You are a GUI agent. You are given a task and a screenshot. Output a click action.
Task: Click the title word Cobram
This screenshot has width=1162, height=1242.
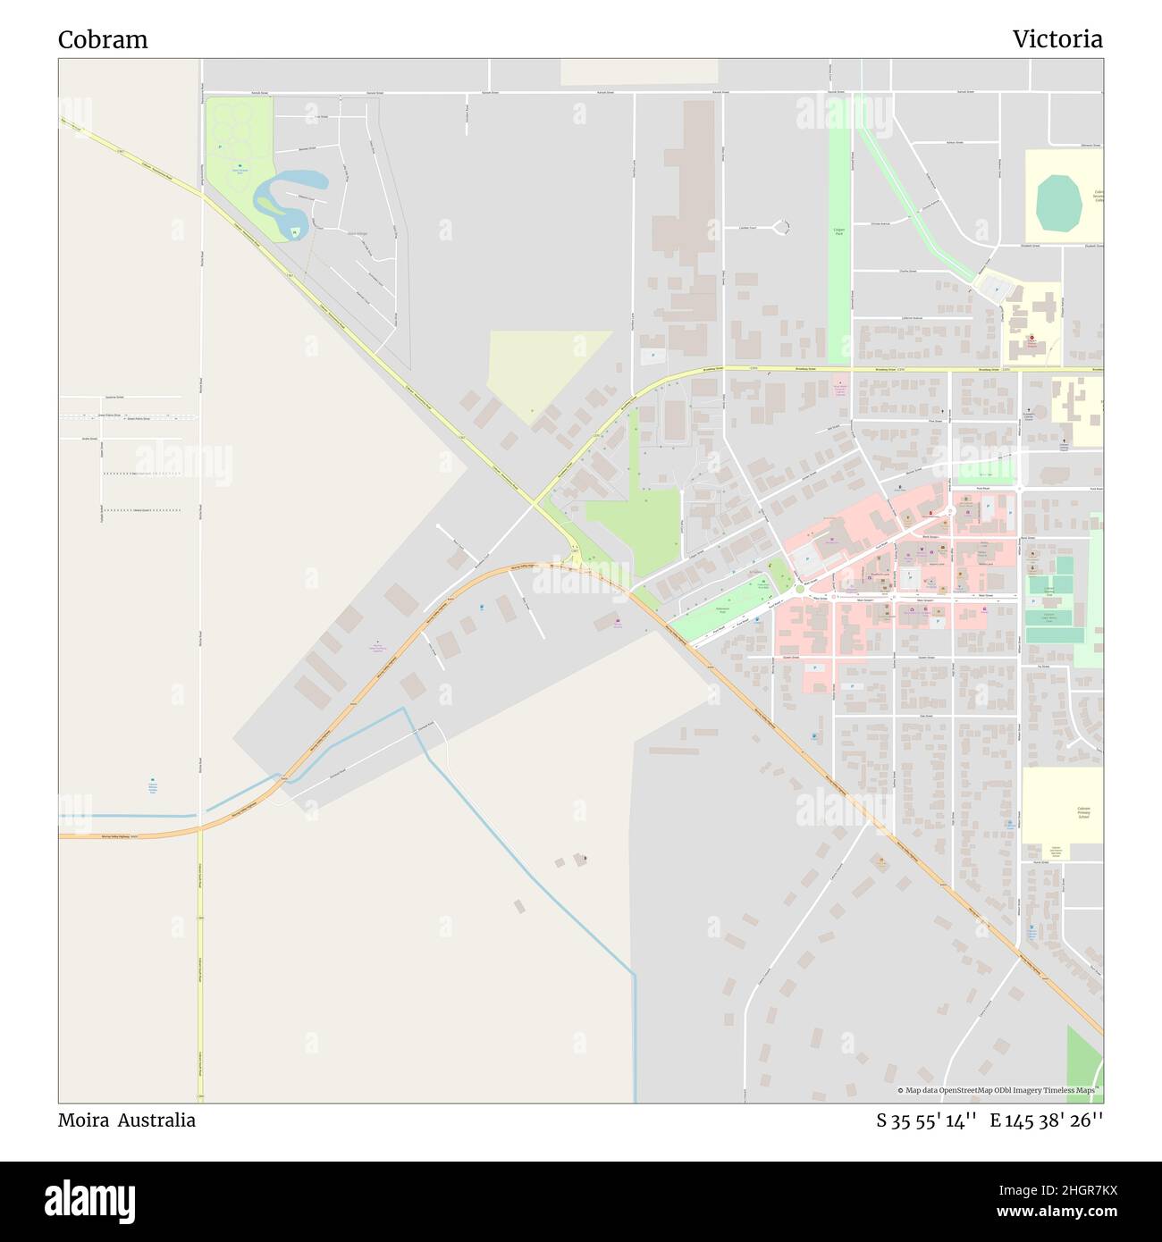103,39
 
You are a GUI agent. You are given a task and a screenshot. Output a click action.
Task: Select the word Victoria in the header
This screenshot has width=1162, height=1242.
1057,39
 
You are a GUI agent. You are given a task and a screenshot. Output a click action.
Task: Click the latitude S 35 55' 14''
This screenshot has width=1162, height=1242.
925,1120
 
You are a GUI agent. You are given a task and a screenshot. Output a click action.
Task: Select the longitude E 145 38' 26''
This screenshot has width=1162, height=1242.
1046,1120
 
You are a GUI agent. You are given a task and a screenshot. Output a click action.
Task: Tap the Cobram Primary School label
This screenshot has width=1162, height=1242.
1083,812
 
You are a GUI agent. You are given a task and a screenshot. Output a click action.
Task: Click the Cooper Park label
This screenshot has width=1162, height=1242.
839,230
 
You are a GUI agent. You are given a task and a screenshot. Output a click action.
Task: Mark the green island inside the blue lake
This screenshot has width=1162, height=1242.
294,233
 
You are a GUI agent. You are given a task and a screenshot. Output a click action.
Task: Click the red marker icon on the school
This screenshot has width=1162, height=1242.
1032,340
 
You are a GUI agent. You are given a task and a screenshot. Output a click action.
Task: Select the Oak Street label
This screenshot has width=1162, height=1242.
926,717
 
